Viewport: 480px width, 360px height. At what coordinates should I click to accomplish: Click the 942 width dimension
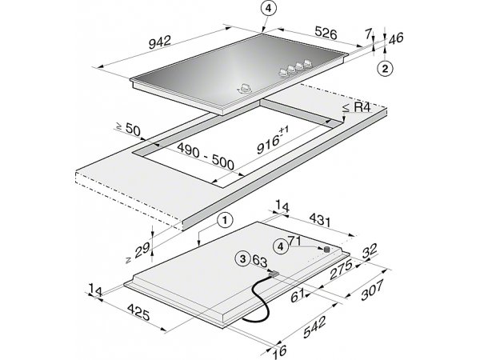click(x=160, y=42)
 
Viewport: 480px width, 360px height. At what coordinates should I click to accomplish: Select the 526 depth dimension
click(x=326, y=34)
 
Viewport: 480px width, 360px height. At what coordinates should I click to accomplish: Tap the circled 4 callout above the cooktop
click(x=269, y=9)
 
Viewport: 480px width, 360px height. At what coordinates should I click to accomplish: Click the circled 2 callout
click(x=385, y=68)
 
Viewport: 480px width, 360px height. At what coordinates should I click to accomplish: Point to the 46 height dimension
click(x=395, y=38)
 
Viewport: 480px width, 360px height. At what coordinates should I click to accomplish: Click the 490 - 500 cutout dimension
click(x=206, y=157)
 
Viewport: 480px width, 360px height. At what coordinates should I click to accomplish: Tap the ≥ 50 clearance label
click(x=128, y=128)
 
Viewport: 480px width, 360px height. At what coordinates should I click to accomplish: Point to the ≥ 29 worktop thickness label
click(x=138, y=253)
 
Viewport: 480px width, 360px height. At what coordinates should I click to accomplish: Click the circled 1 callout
click(x=225, y=220)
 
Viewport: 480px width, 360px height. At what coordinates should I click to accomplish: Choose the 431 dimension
click(x=320, y=220)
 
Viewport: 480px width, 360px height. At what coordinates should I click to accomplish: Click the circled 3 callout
click(x=242, y=259)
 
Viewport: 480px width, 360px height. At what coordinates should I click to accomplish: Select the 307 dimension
click(x=372, y=290)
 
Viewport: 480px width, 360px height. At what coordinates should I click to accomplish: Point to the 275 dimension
click(x=341, y=270)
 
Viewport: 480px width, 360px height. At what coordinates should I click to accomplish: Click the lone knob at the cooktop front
click(x=245, y=89)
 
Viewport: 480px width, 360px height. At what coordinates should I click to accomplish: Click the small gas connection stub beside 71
click(x=327, y=250)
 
